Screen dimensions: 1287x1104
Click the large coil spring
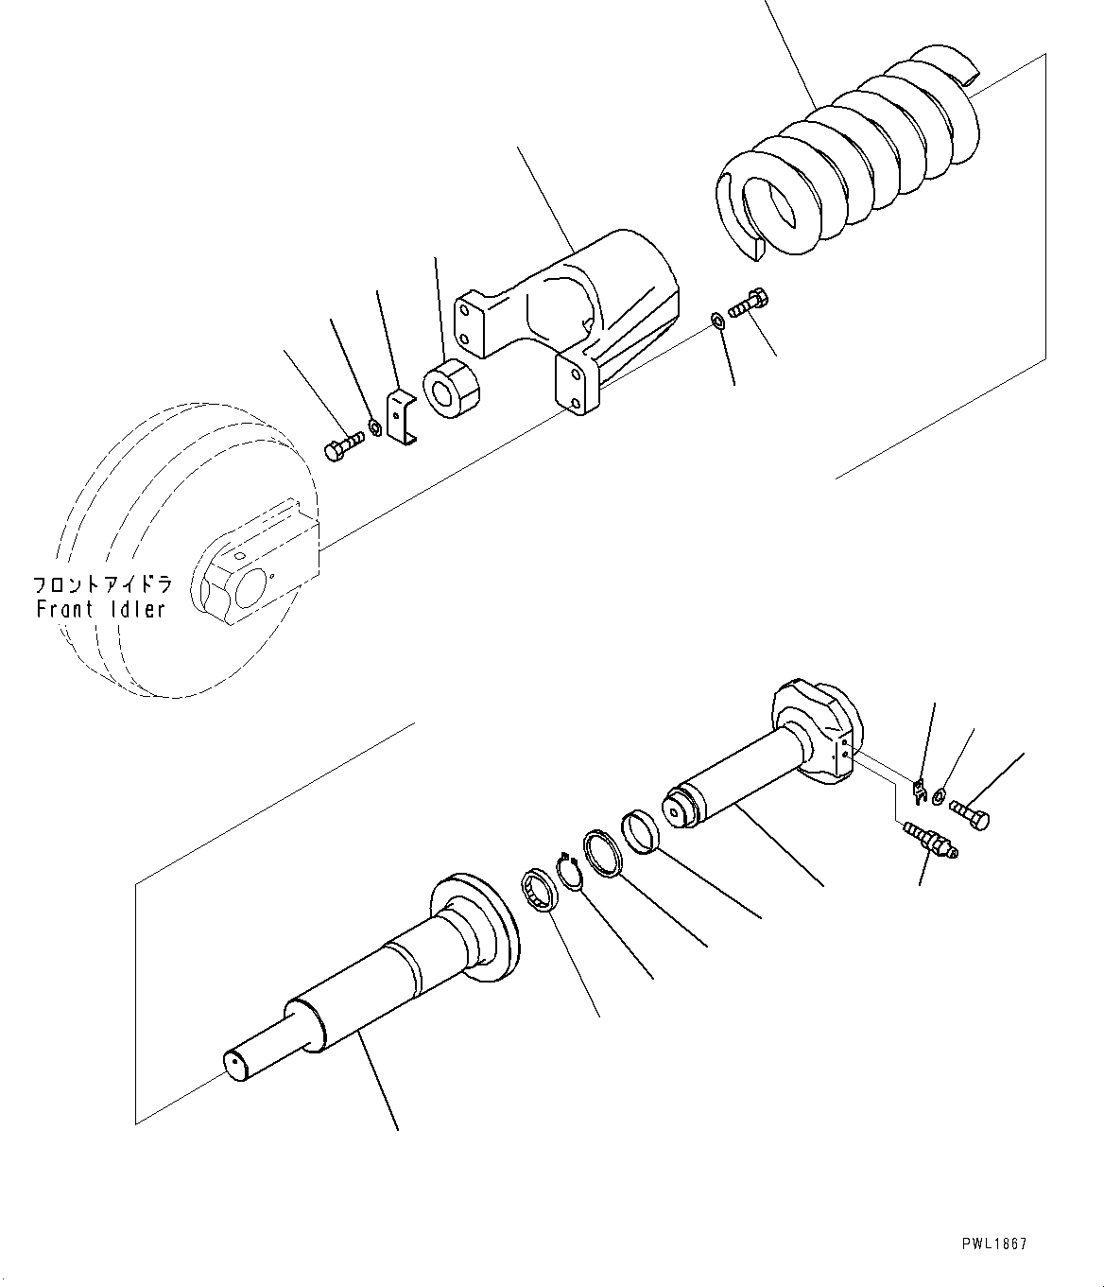pyautogui.click(x=851, y=161)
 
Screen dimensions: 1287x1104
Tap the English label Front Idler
pyautogui.click(x=101, y=609)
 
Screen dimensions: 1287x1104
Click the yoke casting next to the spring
pyautogui.click(x=586, y=303)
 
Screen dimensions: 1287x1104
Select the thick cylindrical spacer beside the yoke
pyautogui.click(x=452, y=389)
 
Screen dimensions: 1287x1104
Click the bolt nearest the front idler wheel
pyautogui.click(x=343, y=445)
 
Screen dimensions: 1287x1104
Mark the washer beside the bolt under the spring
pyautogui.click(x=718, y=322)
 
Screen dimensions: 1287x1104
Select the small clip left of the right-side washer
pyautogui.click(x=918, y=786)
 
